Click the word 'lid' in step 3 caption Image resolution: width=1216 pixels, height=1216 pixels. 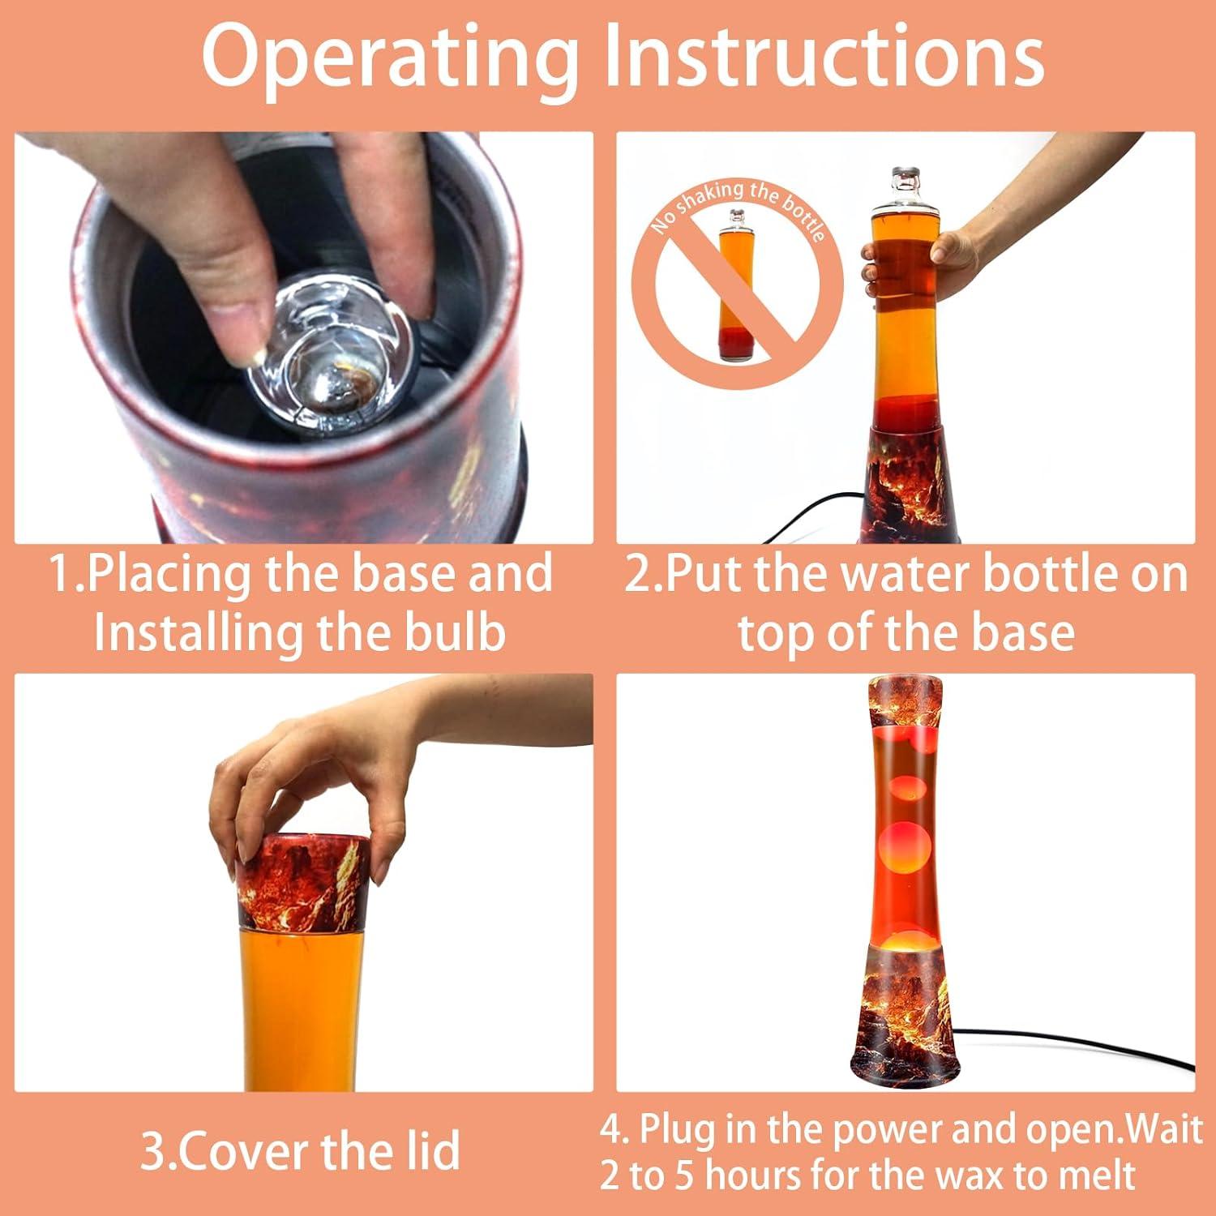tap(430, 1150)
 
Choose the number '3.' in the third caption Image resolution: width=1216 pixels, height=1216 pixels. tap(158, 1150)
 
